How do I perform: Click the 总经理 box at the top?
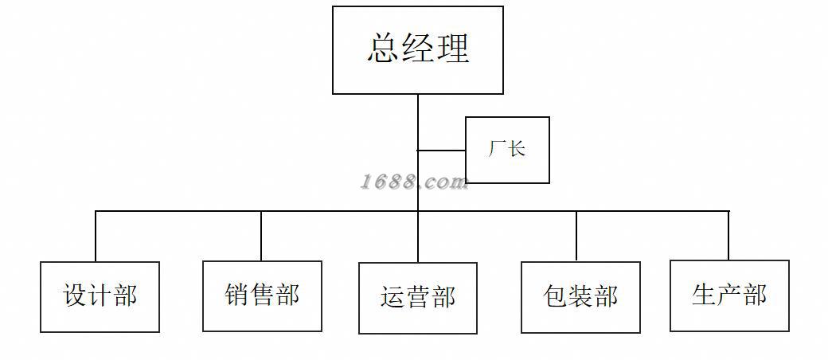click(x=418, y=50)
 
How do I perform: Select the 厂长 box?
click(x=507, y=150)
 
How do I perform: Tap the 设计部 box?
click(x=100, y=296)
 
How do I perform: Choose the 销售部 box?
click(x=262, y=295)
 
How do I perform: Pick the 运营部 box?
click(x=418, y=298)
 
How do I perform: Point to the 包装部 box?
click(x=580, y=297)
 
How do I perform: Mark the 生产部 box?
click(x=729, y=295)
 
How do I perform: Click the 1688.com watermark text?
click(x=414, y=182)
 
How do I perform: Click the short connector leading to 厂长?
click(x=442, y=150)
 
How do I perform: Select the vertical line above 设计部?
click(x=96, y=237)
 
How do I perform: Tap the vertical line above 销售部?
click(x=261, y=236)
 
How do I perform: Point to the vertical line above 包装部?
click(x=576, y=237)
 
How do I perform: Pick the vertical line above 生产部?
click(x=728, y=236)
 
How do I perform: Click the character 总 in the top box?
click(x=384, y=49)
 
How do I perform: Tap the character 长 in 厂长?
click(x=517, y=149)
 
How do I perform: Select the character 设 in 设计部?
click(x=74, y=296)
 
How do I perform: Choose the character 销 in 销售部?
click(x=236, y=295)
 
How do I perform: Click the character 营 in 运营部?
click(x=418, y=298)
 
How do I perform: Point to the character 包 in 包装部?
click(x=555, y=297)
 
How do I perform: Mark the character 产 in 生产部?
click(x=729, y=295)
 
